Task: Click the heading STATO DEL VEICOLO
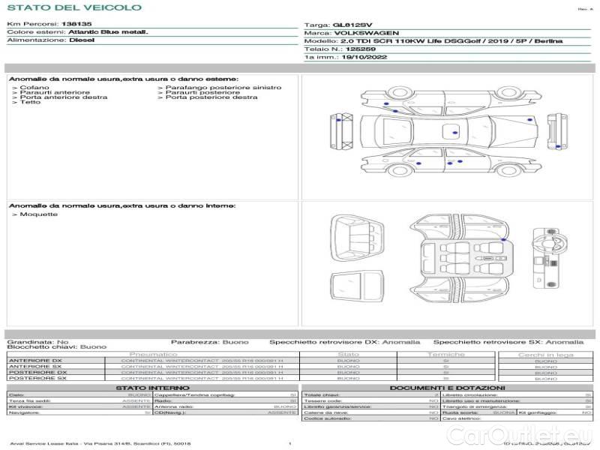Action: (x=73, y=7)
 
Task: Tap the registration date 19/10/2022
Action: (x=365, y=56)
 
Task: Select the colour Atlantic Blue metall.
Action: (x=108, y=32)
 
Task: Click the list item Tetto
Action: (x=31, y=102)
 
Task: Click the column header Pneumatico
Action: (x=154, y=354)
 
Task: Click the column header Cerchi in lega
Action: (x=545, y=354)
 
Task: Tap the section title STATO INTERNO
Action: (x=152, y=388)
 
